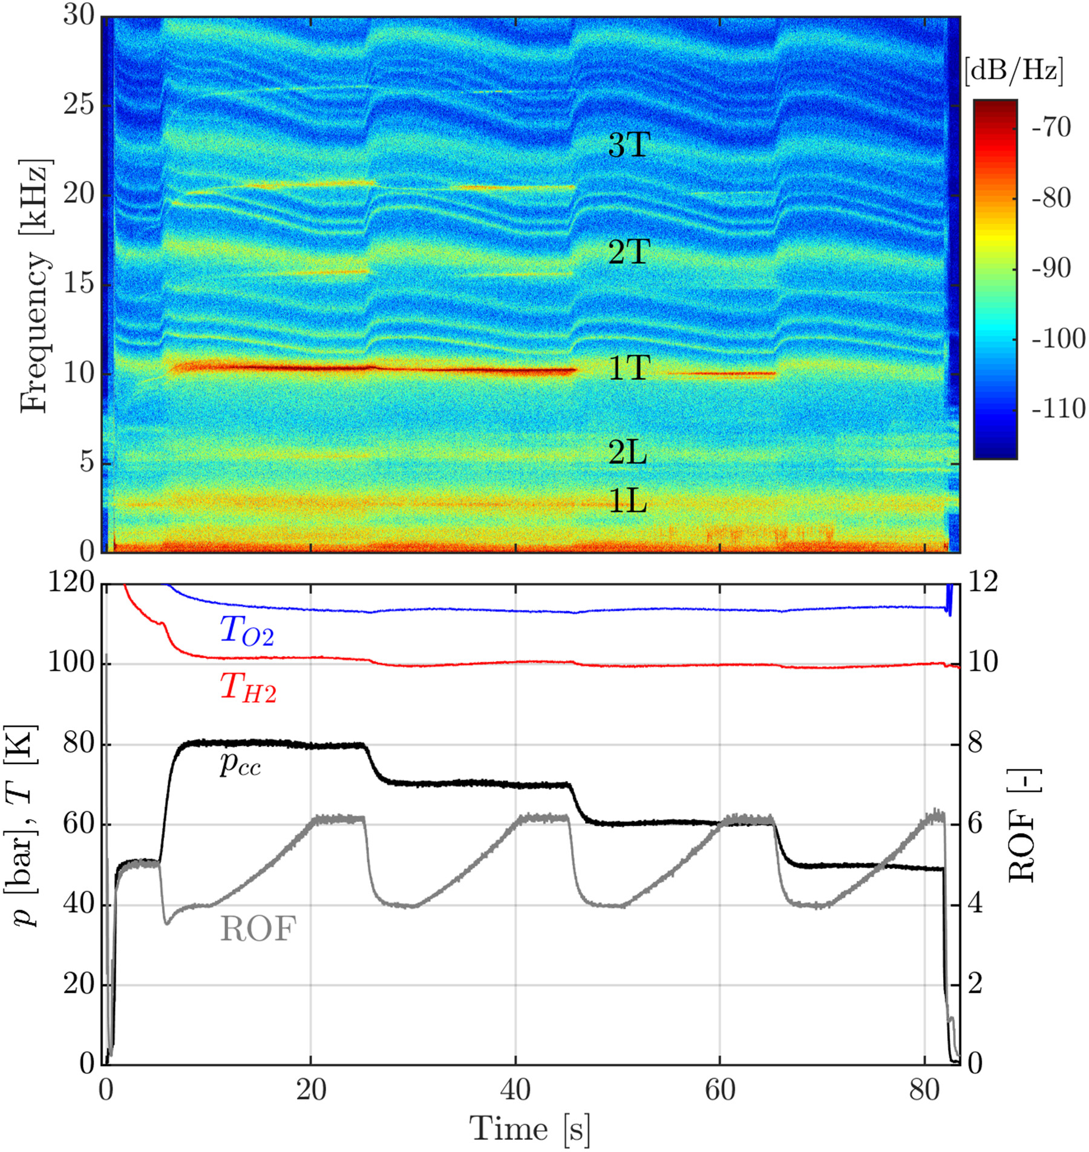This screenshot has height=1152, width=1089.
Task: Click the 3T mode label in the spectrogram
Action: [629, 146]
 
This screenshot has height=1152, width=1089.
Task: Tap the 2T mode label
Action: [629, 252]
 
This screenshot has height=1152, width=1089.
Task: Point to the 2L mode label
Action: [627, 452]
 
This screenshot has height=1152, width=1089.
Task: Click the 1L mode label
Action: [627, 501]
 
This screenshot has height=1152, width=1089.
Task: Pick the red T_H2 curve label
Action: [248, 688]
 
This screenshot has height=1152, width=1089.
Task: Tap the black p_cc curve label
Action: [240, 765]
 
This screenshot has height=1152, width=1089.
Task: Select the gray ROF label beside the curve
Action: [258, 929]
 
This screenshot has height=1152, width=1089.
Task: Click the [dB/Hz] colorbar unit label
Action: [1014, 71]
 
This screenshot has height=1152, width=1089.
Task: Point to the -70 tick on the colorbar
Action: [1051, 128]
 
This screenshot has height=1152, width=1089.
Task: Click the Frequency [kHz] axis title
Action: [34, 286]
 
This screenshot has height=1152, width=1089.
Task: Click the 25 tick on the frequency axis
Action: [79, 105]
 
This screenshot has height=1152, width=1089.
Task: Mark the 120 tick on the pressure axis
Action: [71, 584]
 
